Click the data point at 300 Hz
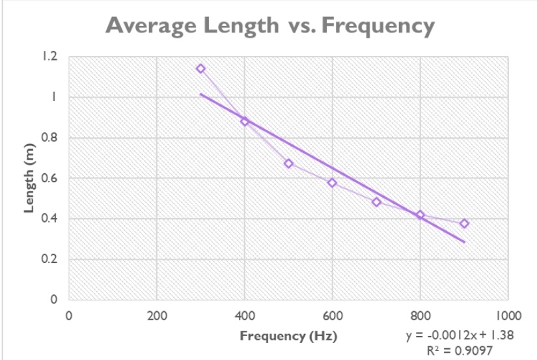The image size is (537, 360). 200,68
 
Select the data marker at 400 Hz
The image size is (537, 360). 245,121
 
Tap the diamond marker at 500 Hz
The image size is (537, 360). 288,163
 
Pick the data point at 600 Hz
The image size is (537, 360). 332,182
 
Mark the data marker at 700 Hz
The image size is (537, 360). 376,202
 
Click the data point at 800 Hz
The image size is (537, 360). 420,215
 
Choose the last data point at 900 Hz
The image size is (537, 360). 464,223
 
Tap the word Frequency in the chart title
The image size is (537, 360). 378,26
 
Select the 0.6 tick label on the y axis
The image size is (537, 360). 51,178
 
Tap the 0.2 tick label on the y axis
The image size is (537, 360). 51,259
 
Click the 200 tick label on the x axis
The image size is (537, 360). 157,316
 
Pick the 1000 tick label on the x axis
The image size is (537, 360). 508,316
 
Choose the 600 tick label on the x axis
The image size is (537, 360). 332,316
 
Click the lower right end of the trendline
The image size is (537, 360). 465,242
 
